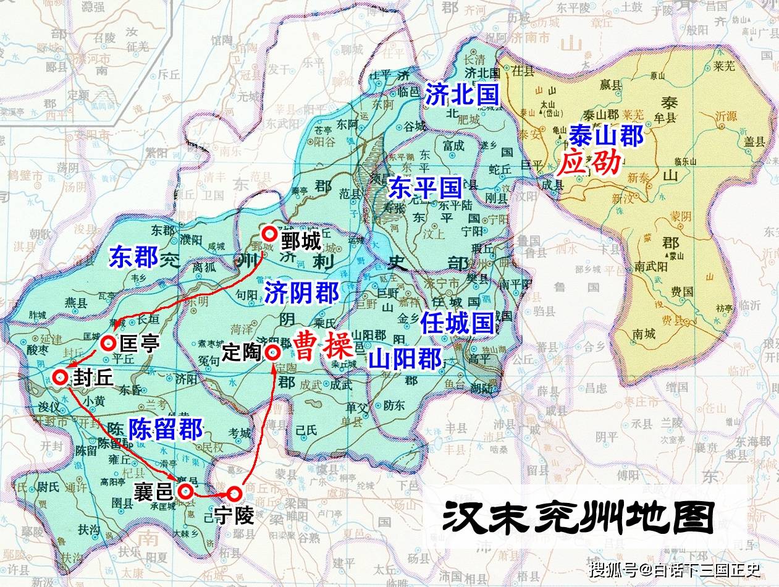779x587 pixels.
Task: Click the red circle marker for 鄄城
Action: click(x=269, y=234)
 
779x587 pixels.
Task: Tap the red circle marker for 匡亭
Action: click(x=109, y=342)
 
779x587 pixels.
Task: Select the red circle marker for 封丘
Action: click(x=61, y=378)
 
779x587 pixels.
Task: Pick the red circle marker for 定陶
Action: click(x=272, y=352)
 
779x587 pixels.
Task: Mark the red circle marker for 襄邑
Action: click(x=185, y=491)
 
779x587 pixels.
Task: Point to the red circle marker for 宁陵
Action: click(x=234, y=494)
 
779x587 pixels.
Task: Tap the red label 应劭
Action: click(x=589, y=163)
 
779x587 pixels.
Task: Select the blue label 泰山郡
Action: click(x=606, y=135)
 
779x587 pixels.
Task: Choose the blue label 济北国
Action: click(x=462, y=94)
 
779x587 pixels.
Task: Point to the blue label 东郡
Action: click(x=135, y=257)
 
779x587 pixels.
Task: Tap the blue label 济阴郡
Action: click(x=302, y=293)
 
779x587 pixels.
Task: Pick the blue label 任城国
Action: click(x=457, y=323)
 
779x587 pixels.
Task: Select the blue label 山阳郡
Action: click(x=405, y=358)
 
